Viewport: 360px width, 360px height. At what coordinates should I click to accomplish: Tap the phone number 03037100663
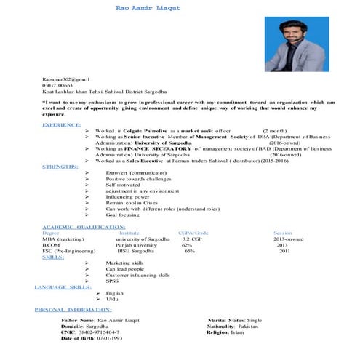tap(57, 84)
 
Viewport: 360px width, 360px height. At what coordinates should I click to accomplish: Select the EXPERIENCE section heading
tap(62, 124)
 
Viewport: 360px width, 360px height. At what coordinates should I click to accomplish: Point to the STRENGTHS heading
tap(60, 167)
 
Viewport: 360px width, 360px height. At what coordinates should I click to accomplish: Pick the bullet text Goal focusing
tap(122, 215)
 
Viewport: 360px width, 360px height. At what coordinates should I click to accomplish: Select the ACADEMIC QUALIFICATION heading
tap(84, 227)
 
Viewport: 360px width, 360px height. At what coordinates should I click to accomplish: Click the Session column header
tap(282, 233)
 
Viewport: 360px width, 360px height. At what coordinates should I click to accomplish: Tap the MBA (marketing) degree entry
tap(63, 239)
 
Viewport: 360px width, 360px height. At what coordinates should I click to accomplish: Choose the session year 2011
tap(283, 251)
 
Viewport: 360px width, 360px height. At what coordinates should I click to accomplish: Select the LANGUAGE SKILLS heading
tap(61, 287)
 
